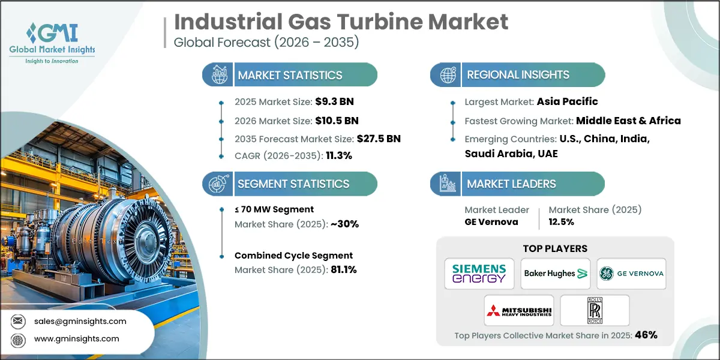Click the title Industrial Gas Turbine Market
341,22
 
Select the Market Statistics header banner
290,75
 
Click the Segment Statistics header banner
290,184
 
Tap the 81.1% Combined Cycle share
344,269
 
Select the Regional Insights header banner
517,75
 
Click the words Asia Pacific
567,101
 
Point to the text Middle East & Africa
628,121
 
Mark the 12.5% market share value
561,222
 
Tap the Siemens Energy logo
479,274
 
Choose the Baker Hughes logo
555,274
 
